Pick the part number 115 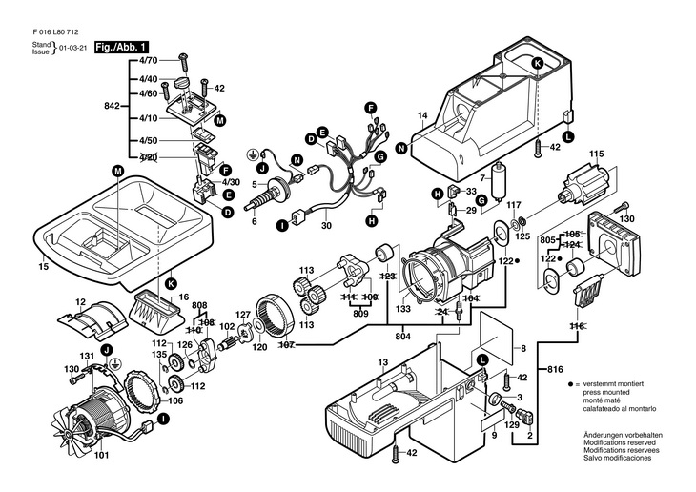pyautogui.click(x=596, y=154)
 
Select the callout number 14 pyautogui.click(x=421, y=116)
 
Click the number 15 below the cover pyautogui.click(x=43, y=267)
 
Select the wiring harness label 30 pyautogui.click(x=325, y=226)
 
